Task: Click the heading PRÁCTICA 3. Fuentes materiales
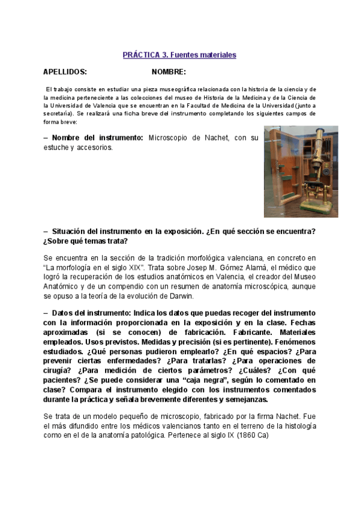(179, 55)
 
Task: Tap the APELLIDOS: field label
(65, 72)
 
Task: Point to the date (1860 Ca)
(252, 435)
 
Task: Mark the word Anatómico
(63, 286)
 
